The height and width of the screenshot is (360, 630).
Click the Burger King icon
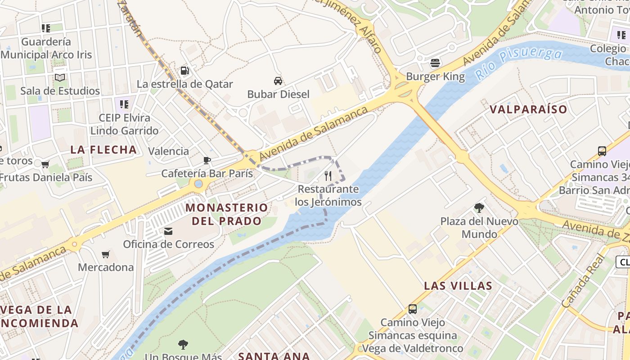(435, 63)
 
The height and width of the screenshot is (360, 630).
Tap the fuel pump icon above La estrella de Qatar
(184, 71)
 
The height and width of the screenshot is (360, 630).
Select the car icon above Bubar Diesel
(278, 81)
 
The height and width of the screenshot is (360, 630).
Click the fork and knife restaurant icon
(328, 175)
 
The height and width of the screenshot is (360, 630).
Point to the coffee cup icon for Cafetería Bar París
(207, 160)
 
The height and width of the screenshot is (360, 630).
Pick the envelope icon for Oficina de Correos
(168, 231)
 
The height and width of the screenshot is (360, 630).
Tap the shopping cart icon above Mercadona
(106, 255)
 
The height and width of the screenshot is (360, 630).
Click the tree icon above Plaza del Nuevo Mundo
(479, 208)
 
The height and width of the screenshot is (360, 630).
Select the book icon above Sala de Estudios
(60, 77)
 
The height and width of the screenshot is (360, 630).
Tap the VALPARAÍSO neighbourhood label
(528, 109)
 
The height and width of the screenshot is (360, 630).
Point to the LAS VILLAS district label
(458, 286)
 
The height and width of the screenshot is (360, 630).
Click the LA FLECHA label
(103, 150)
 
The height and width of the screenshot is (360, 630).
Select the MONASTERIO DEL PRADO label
(226, 214)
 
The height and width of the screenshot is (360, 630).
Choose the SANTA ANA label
(274, 356)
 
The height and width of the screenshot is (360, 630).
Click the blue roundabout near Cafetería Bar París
(198, 184)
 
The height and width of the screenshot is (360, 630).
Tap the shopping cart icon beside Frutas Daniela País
(45, 164)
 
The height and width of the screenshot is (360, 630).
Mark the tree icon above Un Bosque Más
(183, 345)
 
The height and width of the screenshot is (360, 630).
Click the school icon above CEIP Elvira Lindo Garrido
(124, 104)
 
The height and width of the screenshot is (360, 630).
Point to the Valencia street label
(169, 151)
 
